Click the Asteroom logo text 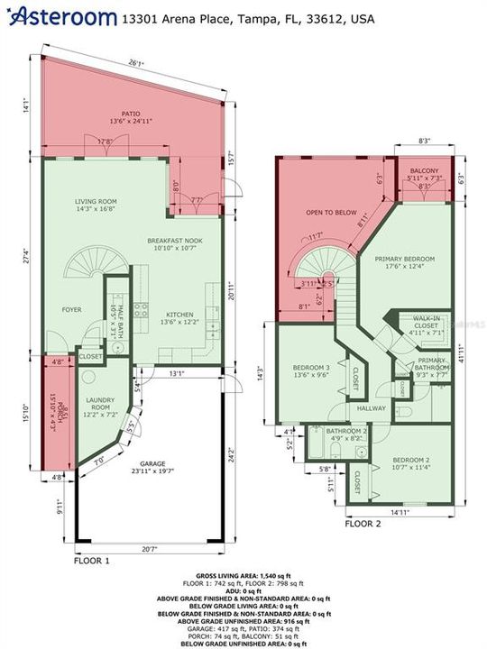pos(65,15)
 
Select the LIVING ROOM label pos(96,205)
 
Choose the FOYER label pos(72,309)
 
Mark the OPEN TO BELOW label pos(328,214)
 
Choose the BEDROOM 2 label pos(409,462)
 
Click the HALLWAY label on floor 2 pos(371,408)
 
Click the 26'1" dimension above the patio pos(135,64)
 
